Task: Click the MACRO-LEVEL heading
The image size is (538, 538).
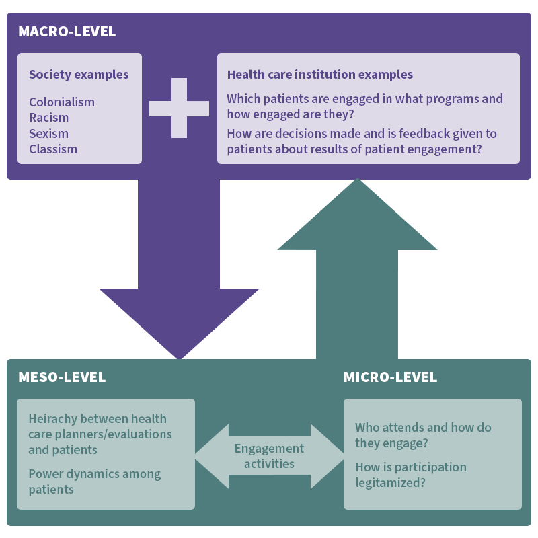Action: [67, 32]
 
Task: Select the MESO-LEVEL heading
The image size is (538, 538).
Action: [62, 377]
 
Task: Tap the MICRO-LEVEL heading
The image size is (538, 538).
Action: [390, 377]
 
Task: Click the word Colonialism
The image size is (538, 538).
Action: [62, 102]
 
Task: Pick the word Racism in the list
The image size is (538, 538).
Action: [48, 118]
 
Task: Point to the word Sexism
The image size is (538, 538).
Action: [48, 133]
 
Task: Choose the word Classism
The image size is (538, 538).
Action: [53, 149]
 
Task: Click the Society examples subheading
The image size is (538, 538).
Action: [79, 75]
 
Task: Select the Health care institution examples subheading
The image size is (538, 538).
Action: [320, 75]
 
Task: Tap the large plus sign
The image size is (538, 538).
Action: [179, 108]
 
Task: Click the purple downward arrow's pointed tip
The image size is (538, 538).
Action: [179, 356]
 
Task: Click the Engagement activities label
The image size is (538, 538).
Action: [269, 456]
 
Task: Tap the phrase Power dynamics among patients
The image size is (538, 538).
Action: [94, 482]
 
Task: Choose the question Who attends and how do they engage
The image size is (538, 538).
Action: [423, 435]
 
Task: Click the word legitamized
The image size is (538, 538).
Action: [387, 483]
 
